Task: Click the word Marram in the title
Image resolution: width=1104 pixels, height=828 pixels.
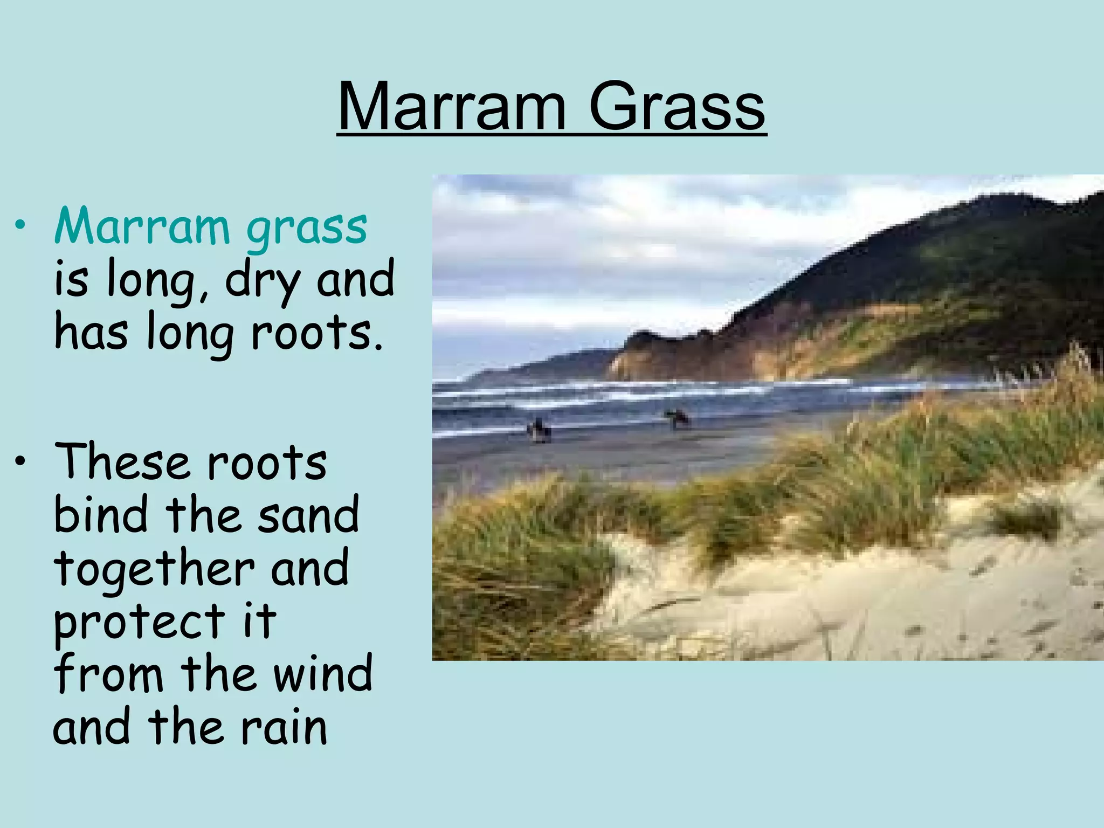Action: (452, 106)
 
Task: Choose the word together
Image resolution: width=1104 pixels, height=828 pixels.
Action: (154, 569)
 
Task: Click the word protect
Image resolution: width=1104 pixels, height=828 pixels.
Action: (139, 621)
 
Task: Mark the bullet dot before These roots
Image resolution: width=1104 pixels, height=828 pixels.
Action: (20, 462)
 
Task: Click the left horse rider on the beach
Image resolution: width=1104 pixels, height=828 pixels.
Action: (538, 430)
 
